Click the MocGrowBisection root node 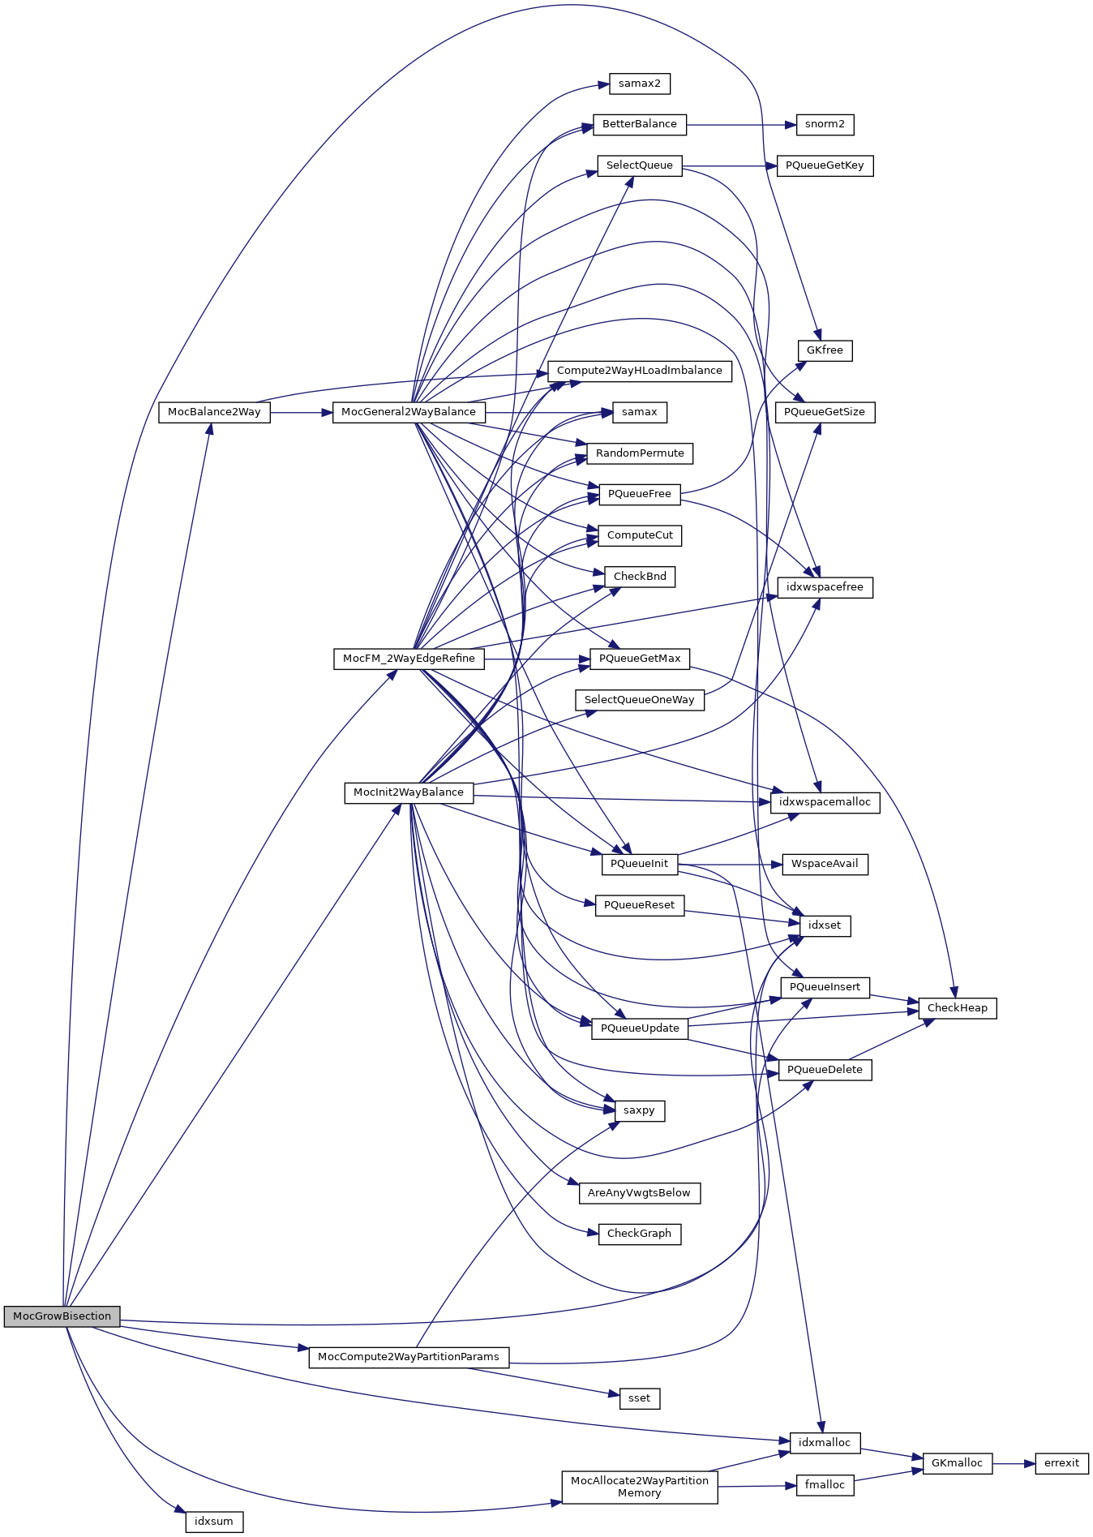62,1316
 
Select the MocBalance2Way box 214,412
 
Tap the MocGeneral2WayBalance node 409,412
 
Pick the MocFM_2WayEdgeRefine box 409,659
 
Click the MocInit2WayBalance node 409,792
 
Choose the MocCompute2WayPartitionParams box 409,1357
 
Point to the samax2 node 640,84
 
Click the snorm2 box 825,124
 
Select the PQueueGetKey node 825,165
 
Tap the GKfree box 825,350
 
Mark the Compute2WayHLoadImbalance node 640,371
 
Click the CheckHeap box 958,1008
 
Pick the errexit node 1061,1463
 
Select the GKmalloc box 958,1463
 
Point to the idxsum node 214,1522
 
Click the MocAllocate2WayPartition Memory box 640,1487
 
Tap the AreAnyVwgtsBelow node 640,1193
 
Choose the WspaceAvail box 825,864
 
